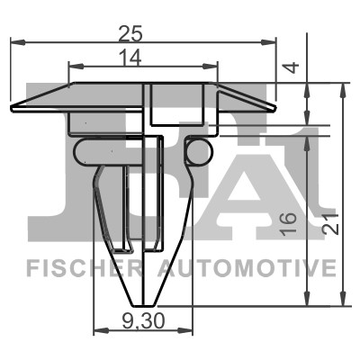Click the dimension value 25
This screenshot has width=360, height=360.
[130, 34]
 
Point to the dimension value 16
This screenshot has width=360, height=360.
[289, 223]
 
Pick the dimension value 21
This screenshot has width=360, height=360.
[331, 224]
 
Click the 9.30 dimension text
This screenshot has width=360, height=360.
[143, 321]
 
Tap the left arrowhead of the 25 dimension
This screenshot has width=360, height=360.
[17, 42]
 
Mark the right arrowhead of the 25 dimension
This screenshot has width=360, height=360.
[268, 42]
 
